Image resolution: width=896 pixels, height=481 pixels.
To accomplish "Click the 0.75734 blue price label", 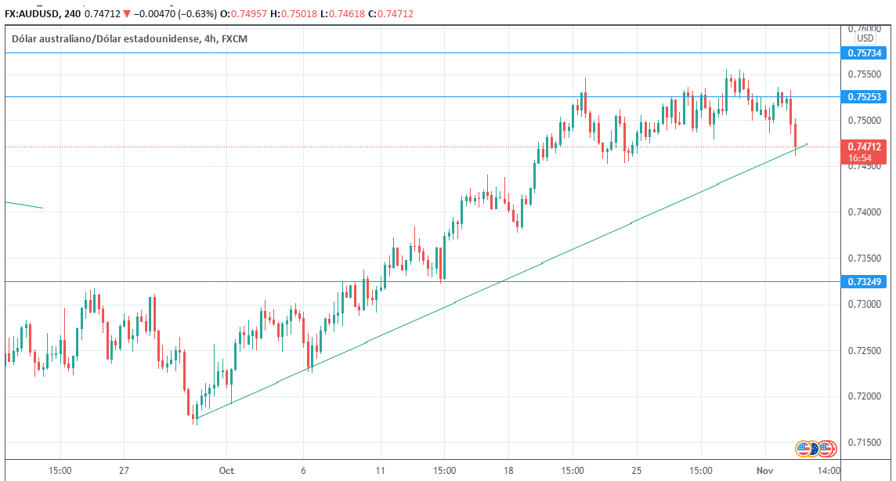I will tap(865, 53).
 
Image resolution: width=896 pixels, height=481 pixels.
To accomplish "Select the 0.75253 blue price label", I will tap(865, 97).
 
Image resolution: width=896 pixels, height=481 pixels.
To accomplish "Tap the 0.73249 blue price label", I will tap(865, 281).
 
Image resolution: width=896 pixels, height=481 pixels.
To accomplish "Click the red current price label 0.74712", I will tap(865, 146).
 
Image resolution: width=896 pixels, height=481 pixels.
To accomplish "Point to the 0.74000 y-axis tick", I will tap(864, 212).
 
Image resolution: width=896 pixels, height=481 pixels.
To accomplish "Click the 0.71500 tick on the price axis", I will tap(864, 443).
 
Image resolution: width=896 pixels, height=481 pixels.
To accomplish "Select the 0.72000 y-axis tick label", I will tap(864, 396).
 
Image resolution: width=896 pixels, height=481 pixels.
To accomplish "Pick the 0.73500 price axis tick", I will tap(864, 259).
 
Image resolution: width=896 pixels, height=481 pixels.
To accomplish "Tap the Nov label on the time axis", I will tap(764, 471).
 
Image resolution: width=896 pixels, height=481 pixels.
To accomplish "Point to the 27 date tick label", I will tap(124, 471).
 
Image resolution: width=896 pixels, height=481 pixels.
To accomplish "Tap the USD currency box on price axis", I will tap(865, 38).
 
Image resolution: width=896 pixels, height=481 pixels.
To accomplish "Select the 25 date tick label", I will tap(637, 471).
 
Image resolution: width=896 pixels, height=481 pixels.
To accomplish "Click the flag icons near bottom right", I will tap(814, 449).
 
